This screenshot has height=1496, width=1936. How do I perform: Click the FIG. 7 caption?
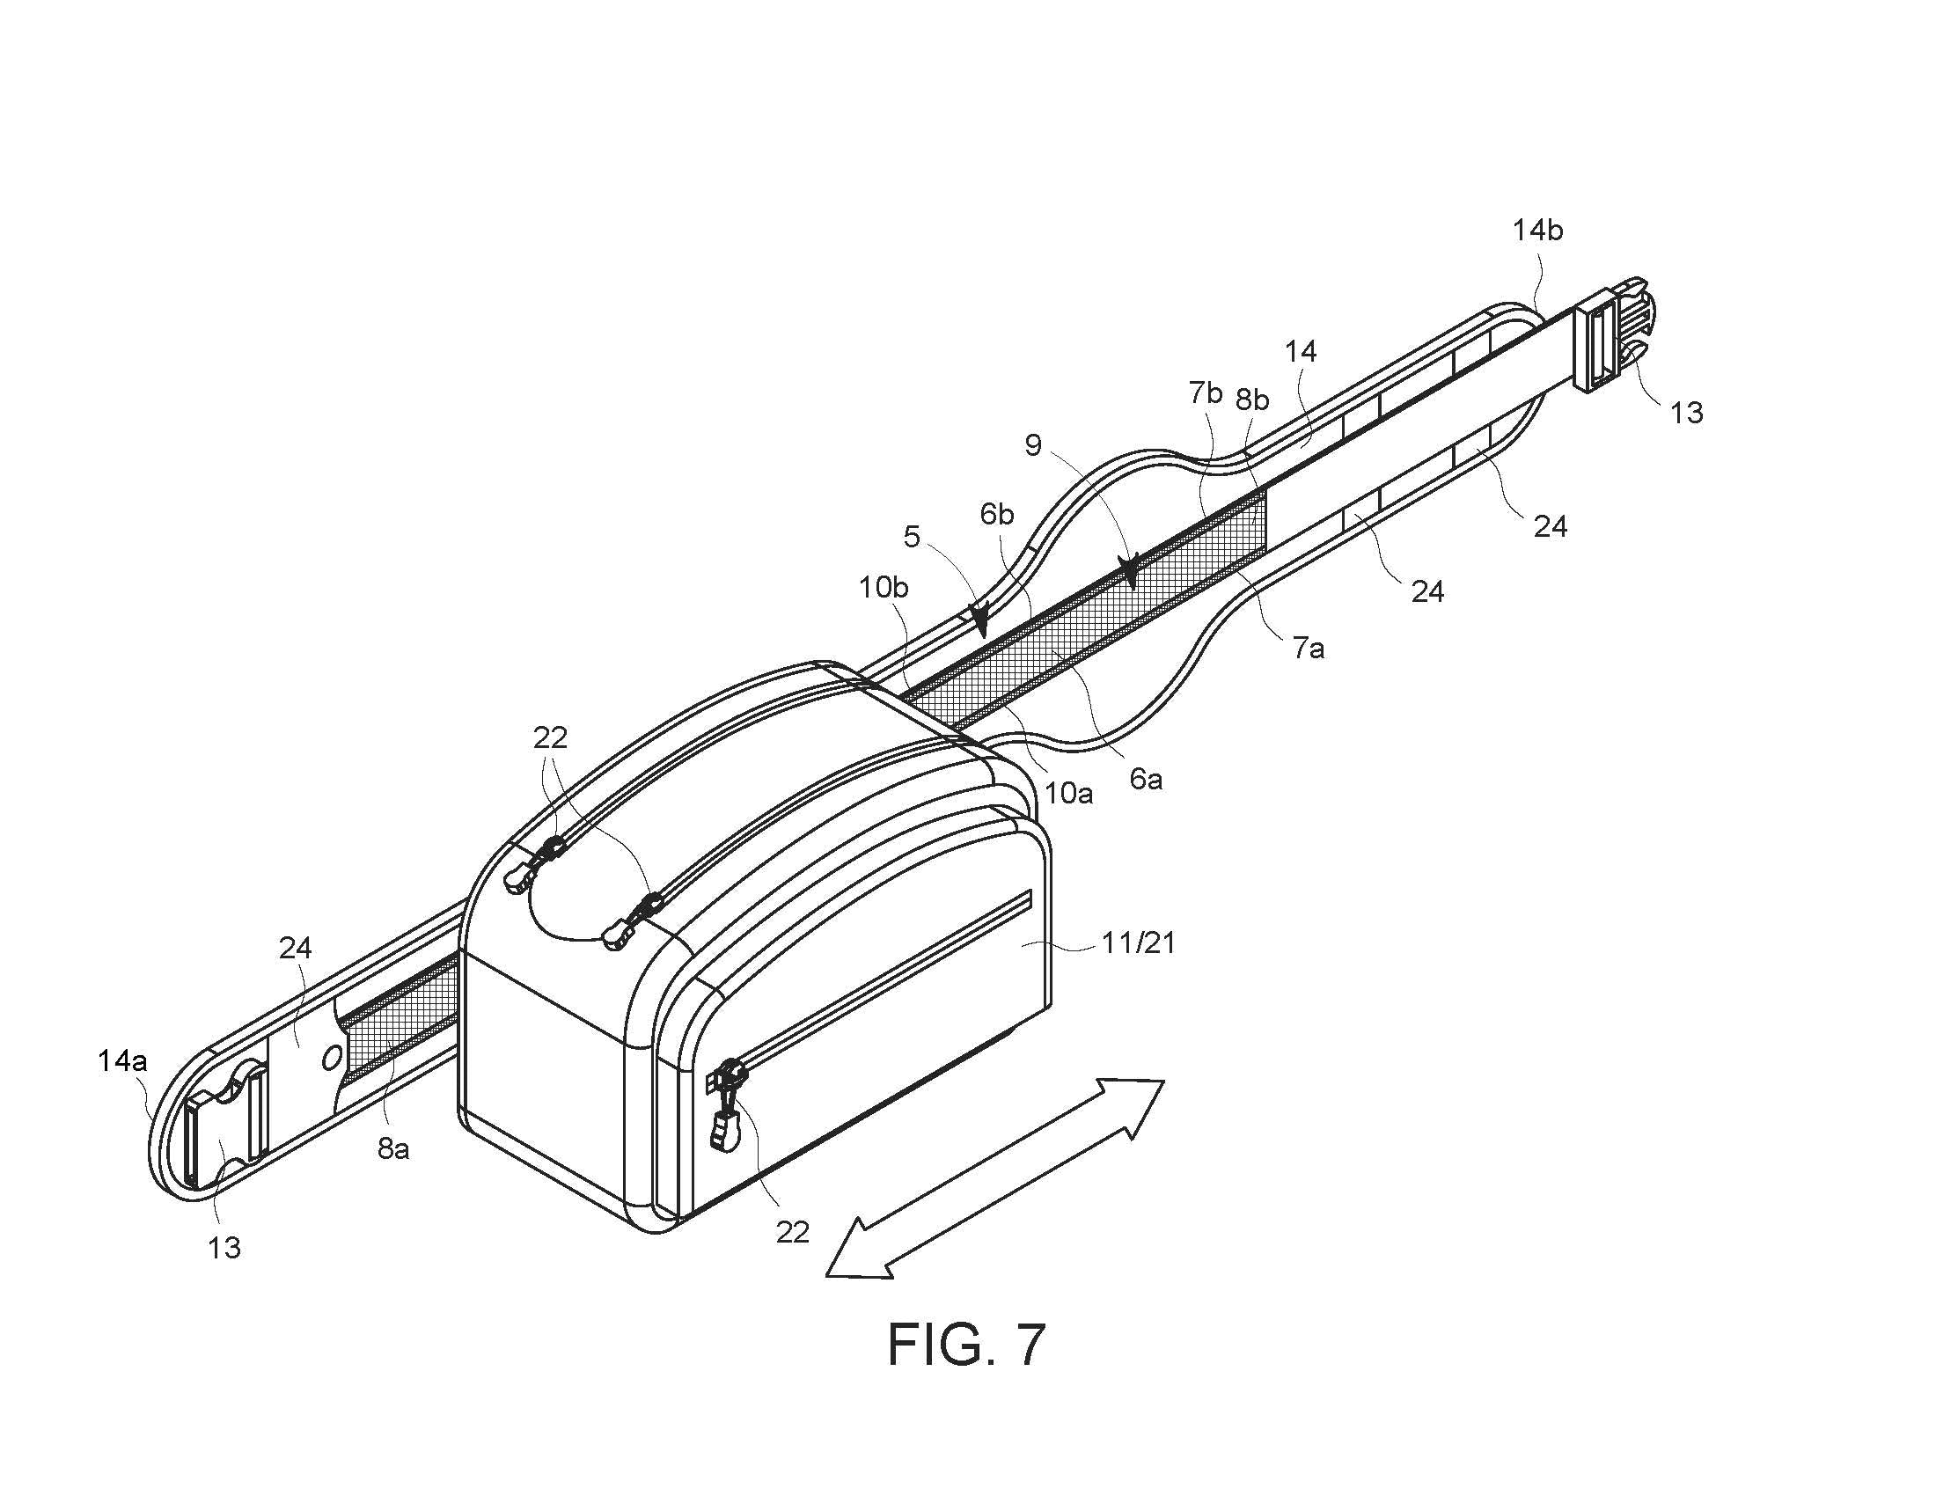967,1345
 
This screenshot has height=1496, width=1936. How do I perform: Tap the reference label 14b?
1537,231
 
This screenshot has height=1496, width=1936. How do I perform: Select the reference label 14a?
122,1060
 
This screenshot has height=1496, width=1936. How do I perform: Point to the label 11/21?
1138,943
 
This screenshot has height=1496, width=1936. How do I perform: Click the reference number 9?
1033,445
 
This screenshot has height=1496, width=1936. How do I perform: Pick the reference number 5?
913,536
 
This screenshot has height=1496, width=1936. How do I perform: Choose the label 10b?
883,587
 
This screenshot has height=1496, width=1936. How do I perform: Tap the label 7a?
1309,649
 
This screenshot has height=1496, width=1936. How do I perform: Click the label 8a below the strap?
393,1148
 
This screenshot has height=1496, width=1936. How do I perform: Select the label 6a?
1145,779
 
